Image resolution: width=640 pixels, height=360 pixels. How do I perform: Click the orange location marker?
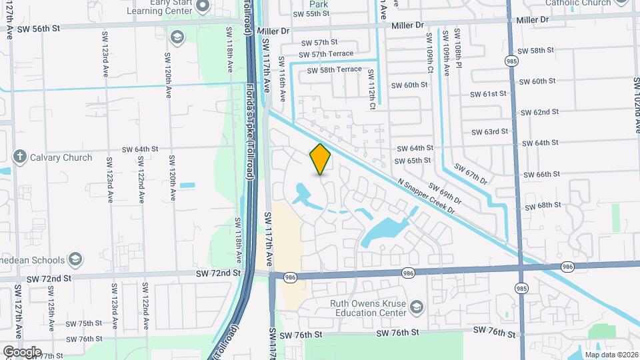pos(321,159)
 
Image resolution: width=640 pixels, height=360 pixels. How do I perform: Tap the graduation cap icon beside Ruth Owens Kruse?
pos(417,307)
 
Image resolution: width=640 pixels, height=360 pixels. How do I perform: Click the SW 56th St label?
pos(41,28)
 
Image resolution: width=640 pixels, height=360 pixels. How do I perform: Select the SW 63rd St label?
pos(489,132)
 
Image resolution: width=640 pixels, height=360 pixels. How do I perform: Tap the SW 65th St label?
pos(413,161)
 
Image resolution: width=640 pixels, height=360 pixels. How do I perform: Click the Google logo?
pos(21,351)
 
